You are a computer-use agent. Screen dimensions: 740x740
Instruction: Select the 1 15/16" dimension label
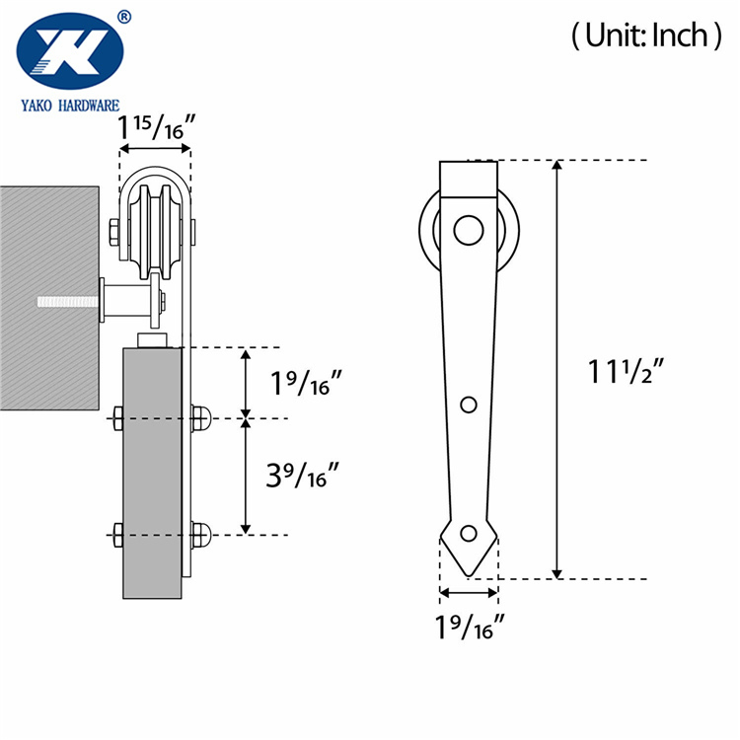pyautogui.click(x=155, y=129)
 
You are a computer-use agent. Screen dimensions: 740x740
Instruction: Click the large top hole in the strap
pyautogui.click(x=468, y=231)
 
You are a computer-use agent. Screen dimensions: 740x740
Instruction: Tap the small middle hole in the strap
pyautogui.click(x=469, y=405)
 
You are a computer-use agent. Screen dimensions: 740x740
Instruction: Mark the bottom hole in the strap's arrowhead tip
pyautogui.click(x=469, y=534)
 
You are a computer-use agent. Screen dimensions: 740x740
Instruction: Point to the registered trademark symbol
pyautogui.click(x=123, y=16)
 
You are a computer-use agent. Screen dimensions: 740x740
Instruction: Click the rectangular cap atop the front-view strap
pyautogui.click(x=469, y=179)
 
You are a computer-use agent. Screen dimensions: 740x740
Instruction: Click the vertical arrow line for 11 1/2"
pyautogui.click(x=557, y=370)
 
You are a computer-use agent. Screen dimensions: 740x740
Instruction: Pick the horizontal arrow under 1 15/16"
pyautogui.click(x=155, y=151)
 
